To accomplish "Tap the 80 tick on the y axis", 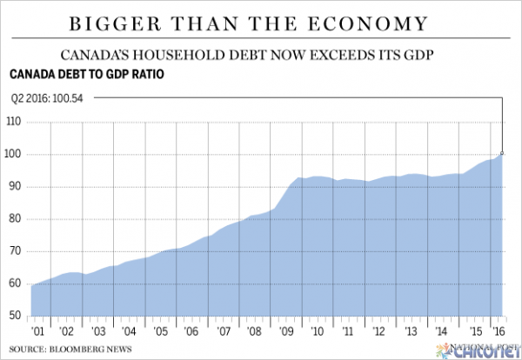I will point(17,219).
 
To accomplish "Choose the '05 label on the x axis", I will point(161,331).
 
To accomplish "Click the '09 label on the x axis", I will point(285,331).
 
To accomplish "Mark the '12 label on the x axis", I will point(378,331).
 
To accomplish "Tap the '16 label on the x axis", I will point(500,331).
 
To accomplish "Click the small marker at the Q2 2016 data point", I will point(503,153).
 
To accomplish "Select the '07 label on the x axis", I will point(224,331).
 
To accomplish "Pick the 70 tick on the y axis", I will point(17,251).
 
